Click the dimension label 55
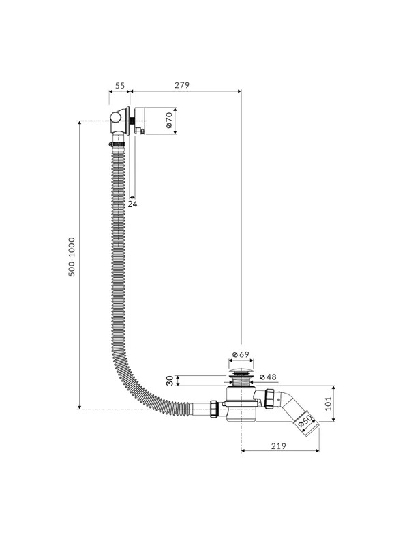point(120,86)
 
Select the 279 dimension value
point(182,86)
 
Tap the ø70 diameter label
point(169,121)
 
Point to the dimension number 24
point(132,204)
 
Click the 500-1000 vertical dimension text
point(72,257)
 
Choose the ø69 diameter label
point(241,354)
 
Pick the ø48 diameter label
point(268,377)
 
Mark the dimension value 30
point(170,381)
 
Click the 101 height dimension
point(329,403)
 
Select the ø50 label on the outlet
point(305,422)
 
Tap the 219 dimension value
point(279,446)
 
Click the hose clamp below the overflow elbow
point(117,144)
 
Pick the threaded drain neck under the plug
point(241,381)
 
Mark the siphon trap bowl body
point(241,404)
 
